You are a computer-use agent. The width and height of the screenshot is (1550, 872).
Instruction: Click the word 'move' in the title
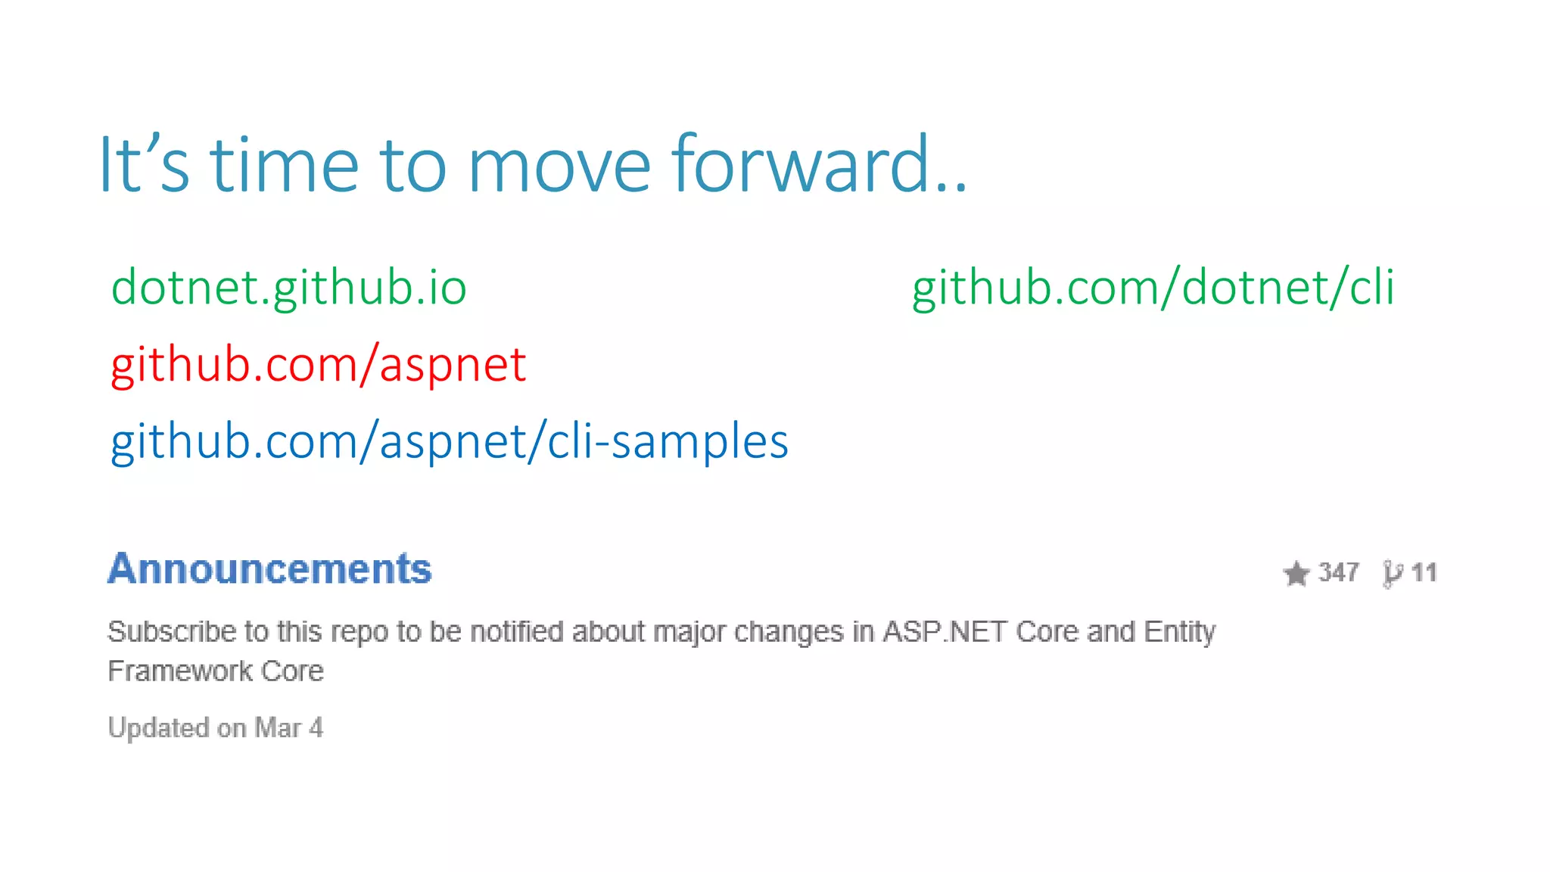pyautogui.click(x=559, y=166)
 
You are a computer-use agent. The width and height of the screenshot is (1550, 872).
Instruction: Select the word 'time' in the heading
pyautogui.click(x=284, y=164)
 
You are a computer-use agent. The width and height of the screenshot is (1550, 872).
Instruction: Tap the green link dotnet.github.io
pyautogui.click(x=288, y=288)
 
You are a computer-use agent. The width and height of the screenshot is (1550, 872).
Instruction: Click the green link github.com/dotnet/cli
pyautogui.click(x=1153, y=288)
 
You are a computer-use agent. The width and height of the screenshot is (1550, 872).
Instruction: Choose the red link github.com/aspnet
pyautogui.click(x=318, y=365)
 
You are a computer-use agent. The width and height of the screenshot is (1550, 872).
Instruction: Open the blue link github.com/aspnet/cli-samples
pyautogui.click(x=450, y=442)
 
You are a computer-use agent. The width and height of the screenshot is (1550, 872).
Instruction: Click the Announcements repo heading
pyautogui.click(x=269, y=569)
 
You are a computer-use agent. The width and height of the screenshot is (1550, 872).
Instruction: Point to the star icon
pyautogui.click(x=1296, y=573)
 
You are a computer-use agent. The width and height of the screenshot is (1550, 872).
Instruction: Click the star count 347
pyautogui.click(x=1338, y=572)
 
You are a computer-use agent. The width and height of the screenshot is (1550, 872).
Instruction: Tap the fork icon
pyautogui.click(x=1392, y=574)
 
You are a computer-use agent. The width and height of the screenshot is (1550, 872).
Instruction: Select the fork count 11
pyautogui.click(x=1424, y=572)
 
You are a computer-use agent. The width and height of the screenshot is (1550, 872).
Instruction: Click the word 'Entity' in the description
pyautogui.click(x=1179, y=631)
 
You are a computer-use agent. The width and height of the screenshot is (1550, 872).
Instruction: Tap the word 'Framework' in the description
pyautogui.click(x=179, y=671)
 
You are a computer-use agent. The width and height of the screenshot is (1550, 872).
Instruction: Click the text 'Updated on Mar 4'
pyautogui.click(x=215, y=728)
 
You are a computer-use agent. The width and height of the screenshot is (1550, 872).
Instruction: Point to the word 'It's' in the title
pyautogui.click(x=144, y=164)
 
